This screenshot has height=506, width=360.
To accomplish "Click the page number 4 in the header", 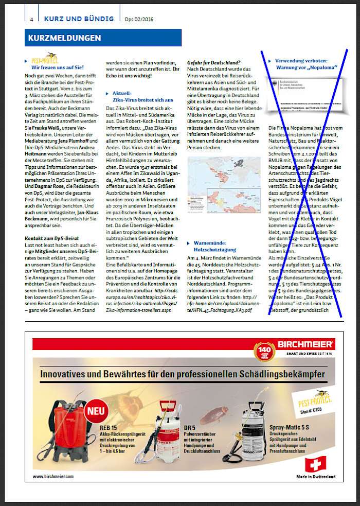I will click(32, 20).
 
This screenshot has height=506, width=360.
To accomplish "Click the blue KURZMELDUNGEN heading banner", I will click(103, 38).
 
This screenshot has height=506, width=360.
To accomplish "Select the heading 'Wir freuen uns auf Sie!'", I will click(58, 67).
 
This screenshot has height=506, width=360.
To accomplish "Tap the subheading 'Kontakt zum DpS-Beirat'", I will click(50, 238).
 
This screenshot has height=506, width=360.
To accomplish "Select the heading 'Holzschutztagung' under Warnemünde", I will click(214, 250).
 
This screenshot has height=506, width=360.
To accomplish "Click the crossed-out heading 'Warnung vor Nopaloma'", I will click(306, 67).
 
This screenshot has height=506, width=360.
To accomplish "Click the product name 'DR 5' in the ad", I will click(190, 428).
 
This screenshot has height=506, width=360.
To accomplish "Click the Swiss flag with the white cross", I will click(315, 464).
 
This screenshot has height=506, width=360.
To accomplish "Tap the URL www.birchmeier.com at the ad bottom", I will click(53, 476).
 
